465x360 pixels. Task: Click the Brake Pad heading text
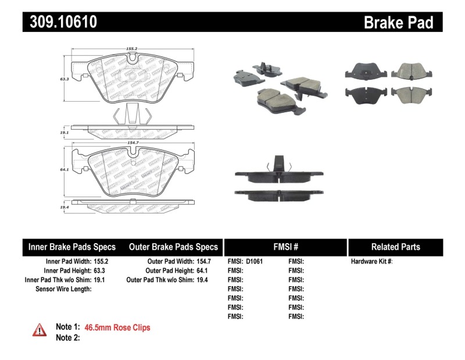point(398,22)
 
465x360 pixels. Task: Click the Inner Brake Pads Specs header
point(72,247)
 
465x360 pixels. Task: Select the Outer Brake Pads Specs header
point(173,247)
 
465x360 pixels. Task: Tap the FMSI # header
point(285,247)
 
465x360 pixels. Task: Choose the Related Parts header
point(396,247)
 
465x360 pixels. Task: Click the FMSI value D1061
point(255,262)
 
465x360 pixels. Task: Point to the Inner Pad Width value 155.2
point(102,262)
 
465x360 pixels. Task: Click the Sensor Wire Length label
point(63,289)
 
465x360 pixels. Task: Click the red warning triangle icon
point(40,330)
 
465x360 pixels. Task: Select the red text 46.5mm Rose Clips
point(117,328)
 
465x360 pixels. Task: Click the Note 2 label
point(67,338)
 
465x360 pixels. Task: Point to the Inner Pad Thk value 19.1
point(102,280)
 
